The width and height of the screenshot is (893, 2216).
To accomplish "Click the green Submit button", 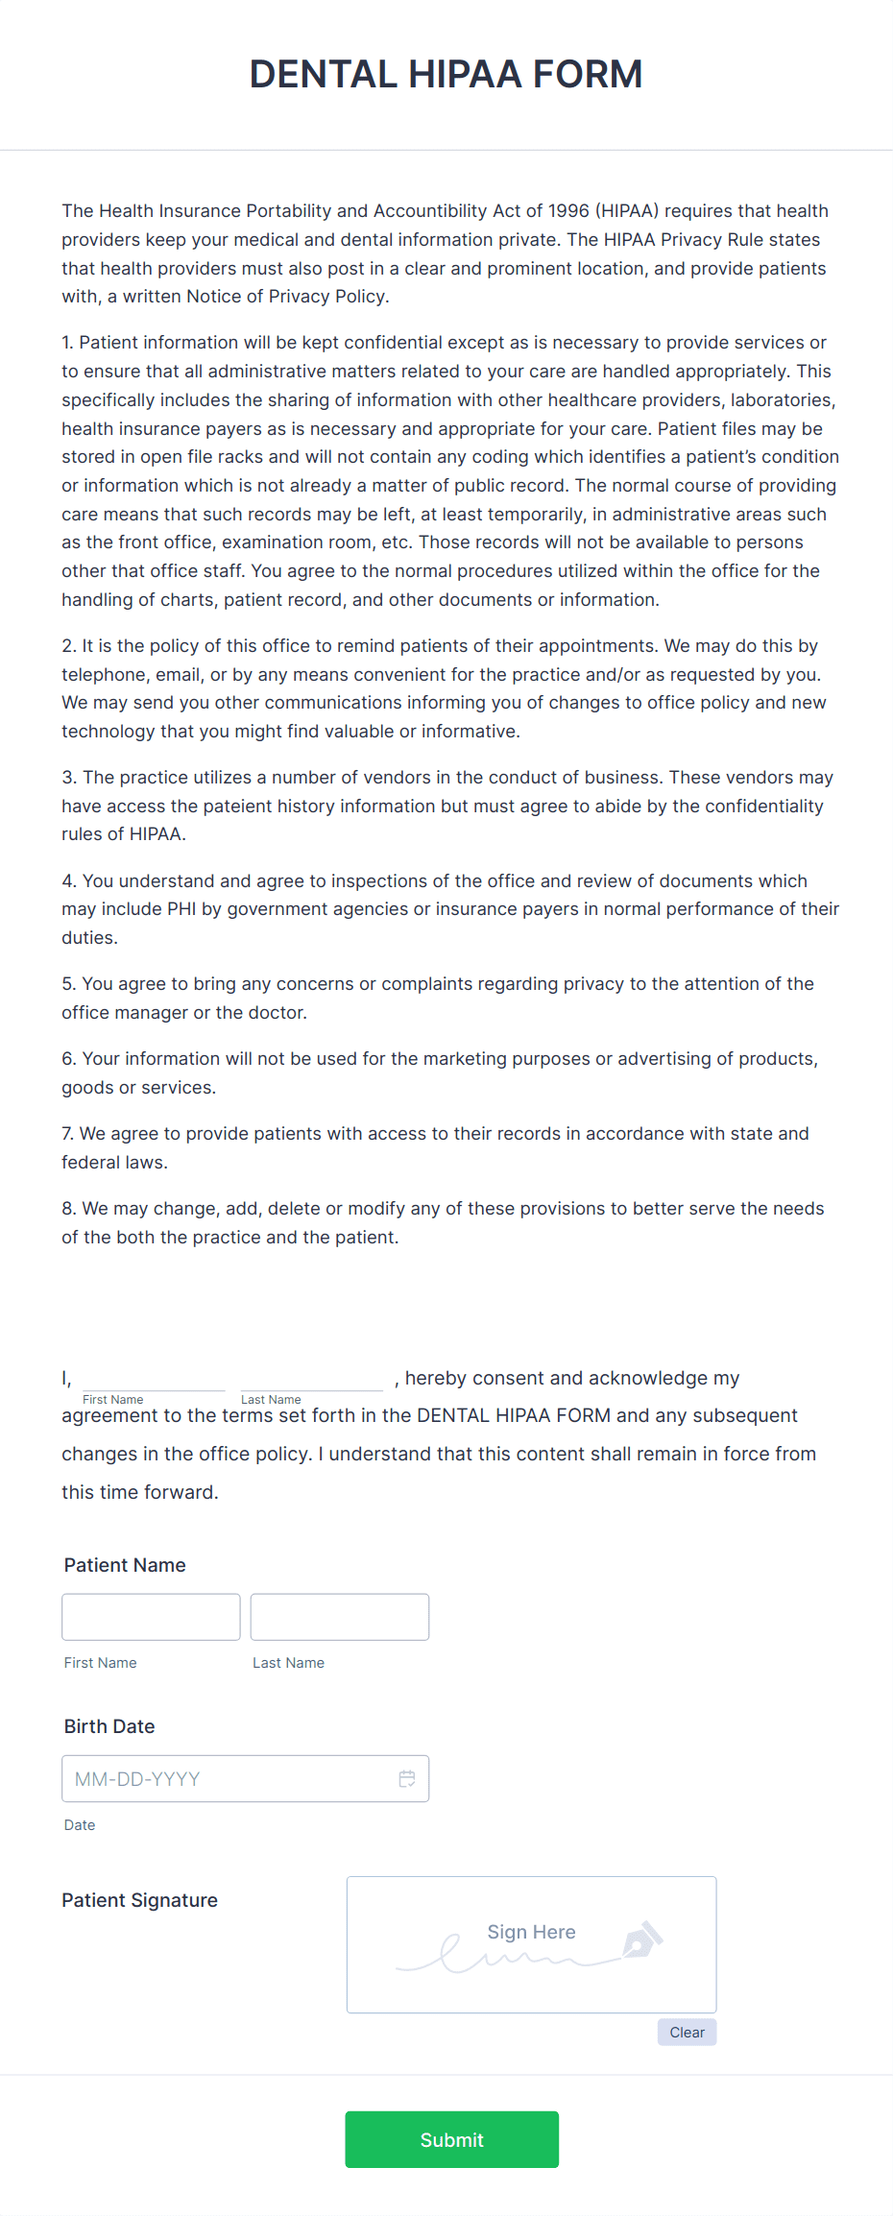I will [451, 2139].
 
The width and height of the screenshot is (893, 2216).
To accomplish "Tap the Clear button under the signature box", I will [687, 2032].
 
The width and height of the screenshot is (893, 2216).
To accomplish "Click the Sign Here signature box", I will [531, 1943].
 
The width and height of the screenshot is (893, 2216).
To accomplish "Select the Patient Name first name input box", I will [151, 1617].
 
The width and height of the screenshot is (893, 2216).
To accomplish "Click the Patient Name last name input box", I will [339, 1617].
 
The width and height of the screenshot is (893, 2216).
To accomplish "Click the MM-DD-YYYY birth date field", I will [230, 1779].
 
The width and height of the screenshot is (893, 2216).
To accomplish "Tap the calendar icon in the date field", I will [407, 1779].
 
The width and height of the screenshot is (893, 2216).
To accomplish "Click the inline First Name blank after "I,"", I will [154, 1379].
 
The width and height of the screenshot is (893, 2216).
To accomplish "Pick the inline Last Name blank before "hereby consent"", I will [311, 1379].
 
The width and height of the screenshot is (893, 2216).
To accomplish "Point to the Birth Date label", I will [109, 1726].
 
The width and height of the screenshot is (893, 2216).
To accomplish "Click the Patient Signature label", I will [139, 1900].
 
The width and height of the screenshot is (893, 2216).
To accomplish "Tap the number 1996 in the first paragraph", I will [568, 211].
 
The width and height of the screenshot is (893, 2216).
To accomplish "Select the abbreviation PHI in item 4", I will [181, 909].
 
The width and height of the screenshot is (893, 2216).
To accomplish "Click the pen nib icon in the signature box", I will [642, 1939].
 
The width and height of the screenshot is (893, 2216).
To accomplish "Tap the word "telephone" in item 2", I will [102, 675].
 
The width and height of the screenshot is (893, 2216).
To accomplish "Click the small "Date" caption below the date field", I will [80, 1825].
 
